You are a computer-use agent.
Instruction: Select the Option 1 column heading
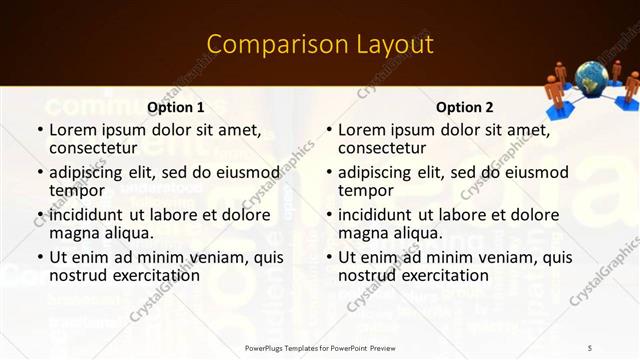pyautogui.click(x=176, y=107)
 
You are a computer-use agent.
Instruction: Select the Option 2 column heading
pyautogui.click(x=464, y=107)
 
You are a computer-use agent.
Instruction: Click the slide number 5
pyautogui.click(x=591, y=348)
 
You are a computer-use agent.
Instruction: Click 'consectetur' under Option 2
pyautogui.click(x=381, y=148)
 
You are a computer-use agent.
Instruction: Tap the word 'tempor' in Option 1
pyautogui.click(x=77, y=190)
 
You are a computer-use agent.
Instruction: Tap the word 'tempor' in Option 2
pyautogui.click(x=365, y=190)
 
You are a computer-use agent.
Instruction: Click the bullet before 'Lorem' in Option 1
pyautogui.click(x=39, y=130)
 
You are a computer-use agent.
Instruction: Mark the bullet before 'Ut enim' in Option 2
pyautogui.click(x=328, y=257)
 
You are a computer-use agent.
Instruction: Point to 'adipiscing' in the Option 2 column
pyautogui.click(x=380, y=172)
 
